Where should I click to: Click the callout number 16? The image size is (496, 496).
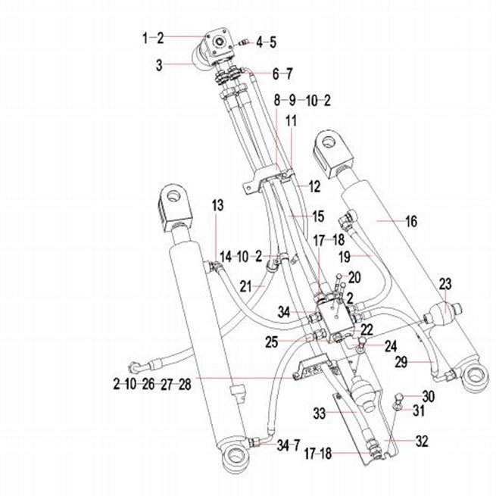click(x=411, y=221)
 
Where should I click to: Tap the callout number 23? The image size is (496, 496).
click(x=445, y=284)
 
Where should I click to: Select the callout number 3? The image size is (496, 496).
click(x=159, y=65)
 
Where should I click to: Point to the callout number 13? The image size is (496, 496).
click(x=217, y=205)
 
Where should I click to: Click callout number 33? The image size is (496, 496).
click(x=319, y=413)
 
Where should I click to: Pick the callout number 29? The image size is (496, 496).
click(x=401, y=362)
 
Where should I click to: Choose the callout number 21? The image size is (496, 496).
click(x=246, y=287)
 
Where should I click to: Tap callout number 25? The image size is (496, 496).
click(x=271, y=342)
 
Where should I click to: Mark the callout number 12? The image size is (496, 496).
click(x=314, y=186)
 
